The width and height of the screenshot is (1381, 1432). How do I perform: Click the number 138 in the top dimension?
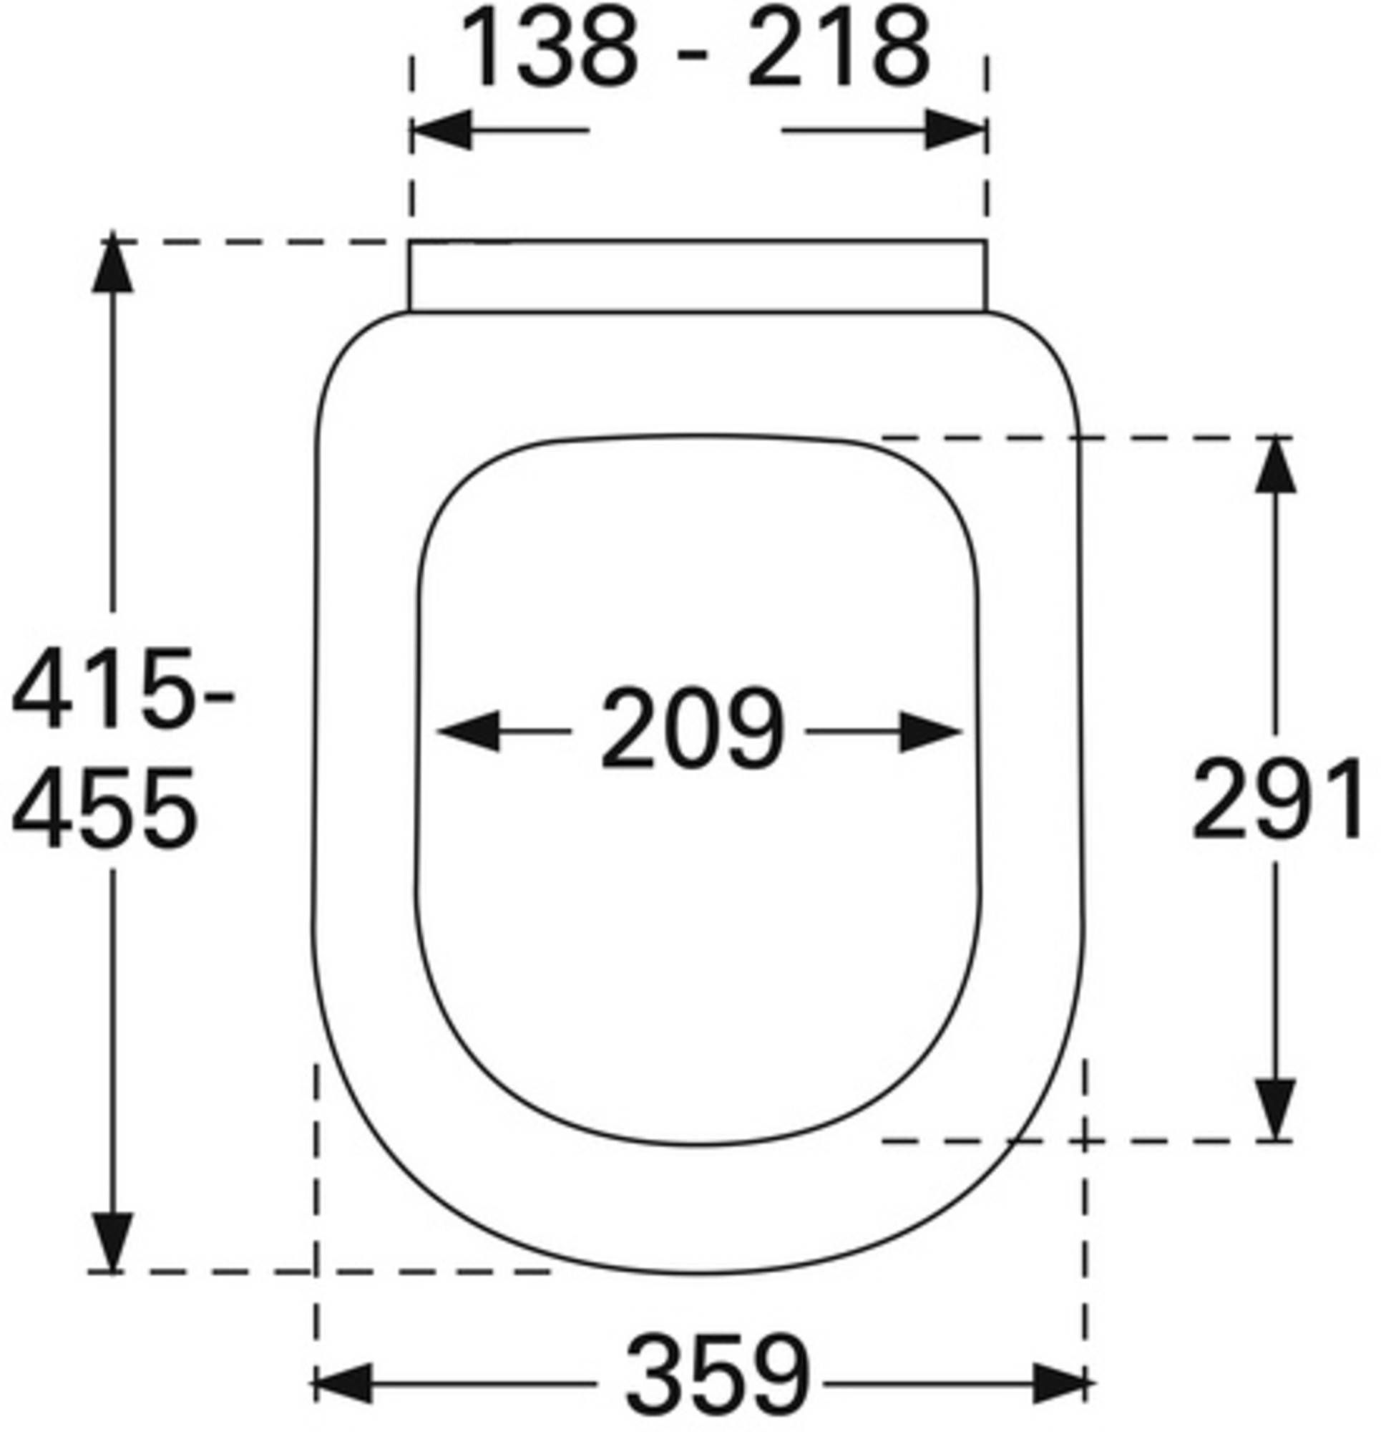click(x=550, y=49)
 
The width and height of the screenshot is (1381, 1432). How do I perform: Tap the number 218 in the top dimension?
click(x=839, y=49)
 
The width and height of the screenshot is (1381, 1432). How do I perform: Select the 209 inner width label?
click(x=692, y=729)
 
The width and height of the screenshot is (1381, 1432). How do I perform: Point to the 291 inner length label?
click(x=1277, y=798)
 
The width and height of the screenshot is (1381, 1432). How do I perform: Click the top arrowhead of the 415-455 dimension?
click(x=112, y=264)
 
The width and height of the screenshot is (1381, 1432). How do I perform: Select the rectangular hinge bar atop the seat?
click(x=698, y=276)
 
